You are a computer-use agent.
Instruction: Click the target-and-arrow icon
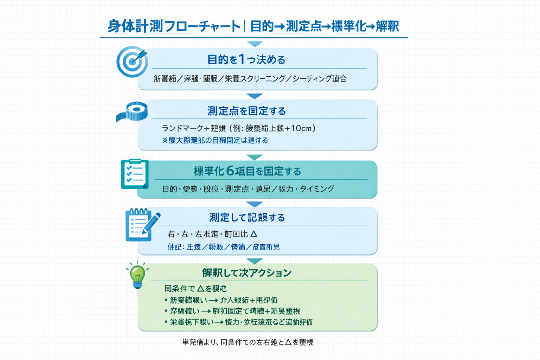(132, 62)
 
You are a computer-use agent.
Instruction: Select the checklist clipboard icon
(135, 174)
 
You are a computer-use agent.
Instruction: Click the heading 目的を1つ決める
(246, 59)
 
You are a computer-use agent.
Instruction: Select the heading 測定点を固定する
(246, 111)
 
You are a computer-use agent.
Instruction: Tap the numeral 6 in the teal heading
(230, 171)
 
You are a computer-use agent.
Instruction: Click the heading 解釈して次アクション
(246, 273)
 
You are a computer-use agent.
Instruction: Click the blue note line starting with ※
(215, 141)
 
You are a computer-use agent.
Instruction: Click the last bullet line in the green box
(238, 322)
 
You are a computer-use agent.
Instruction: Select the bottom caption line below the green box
(247, 342)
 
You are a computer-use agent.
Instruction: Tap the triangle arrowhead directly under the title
(255, 44)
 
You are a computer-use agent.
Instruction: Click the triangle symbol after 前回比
(254, 234)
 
